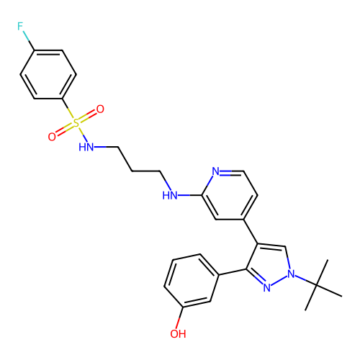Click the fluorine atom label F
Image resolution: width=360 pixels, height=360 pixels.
tap(20, 26)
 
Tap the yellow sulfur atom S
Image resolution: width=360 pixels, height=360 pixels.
tap(76, 123)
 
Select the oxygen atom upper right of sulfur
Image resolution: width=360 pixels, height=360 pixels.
tap(100, 109)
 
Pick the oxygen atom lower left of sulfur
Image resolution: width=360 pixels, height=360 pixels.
tap(52, 137)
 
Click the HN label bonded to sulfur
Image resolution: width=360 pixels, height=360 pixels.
tap(86, 147)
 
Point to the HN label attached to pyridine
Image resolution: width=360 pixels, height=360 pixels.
tap(170, 195)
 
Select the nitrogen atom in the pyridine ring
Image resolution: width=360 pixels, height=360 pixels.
tap(216, 171)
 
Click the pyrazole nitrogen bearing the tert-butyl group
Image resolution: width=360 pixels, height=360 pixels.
tap(291, 274)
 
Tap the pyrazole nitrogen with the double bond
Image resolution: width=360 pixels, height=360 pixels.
tap(267, 287)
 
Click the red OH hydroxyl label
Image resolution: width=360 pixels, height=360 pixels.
tap(178, 334)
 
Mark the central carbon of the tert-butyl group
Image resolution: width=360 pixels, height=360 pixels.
tap(317, 285)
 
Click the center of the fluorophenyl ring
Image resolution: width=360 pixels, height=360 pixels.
tap(48, 74)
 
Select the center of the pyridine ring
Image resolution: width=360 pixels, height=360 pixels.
tap(230, 195)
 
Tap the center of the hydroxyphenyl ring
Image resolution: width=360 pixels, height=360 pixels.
tap(192, 281)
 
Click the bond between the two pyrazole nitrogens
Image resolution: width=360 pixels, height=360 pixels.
tap(279, 281)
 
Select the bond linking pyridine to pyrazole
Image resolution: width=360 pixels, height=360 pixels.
tap(251, 232)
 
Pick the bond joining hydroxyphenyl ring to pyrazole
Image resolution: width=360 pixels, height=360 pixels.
tap(233, 272)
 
